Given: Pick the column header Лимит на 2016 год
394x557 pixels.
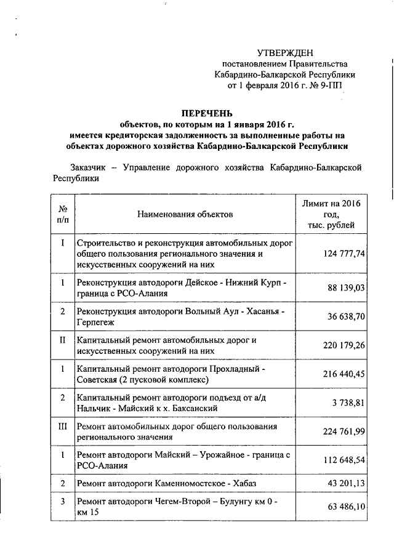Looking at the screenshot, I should pyautogui.click(x=331, y=214).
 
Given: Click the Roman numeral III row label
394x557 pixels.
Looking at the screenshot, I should pyautogui.click(x=63, y=425).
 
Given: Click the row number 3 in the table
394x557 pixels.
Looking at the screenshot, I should pyautogui.click(x=63, y=502).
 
